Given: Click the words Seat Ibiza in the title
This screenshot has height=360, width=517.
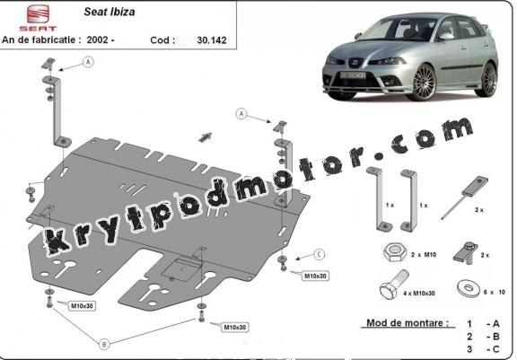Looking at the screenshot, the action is [x=110, y=12].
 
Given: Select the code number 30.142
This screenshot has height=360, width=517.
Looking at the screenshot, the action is [x=212, y=40].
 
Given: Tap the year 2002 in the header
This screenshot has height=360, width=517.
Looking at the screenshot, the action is [x=98, y=40].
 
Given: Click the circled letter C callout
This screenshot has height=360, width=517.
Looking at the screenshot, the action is [x=319, y=254].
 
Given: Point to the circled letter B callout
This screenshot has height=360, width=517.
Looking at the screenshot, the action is [x=104, y=344].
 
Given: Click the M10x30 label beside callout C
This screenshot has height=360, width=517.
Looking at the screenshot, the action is [x=315, y=276].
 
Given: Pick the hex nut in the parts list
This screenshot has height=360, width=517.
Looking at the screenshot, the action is [x=395, y=253].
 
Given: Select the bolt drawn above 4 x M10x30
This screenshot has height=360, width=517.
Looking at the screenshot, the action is [x=394, y=285].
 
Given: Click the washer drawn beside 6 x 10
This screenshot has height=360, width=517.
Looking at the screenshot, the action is [x=469, y=288].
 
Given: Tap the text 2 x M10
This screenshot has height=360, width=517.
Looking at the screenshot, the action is [x=424, y=254].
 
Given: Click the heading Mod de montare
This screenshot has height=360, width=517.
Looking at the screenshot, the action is [x=407, y=323].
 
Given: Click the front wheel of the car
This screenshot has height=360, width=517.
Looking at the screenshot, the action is [x=424, y=83].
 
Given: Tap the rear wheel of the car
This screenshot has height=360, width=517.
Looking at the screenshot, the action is [x=488, y=80].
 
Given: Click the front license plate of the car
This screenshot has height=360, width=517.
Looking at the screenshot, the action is [x=353, y=75].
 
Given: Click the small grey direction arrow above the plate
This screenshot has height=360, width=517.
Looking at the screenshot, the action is [x=205, y=137].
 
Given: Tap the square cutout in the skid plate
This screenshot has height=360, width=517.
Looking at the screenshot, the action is [x=181, y=269].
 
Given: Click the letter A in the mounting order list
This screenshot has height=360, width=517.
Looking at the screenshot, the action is [x=496, y=324].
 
